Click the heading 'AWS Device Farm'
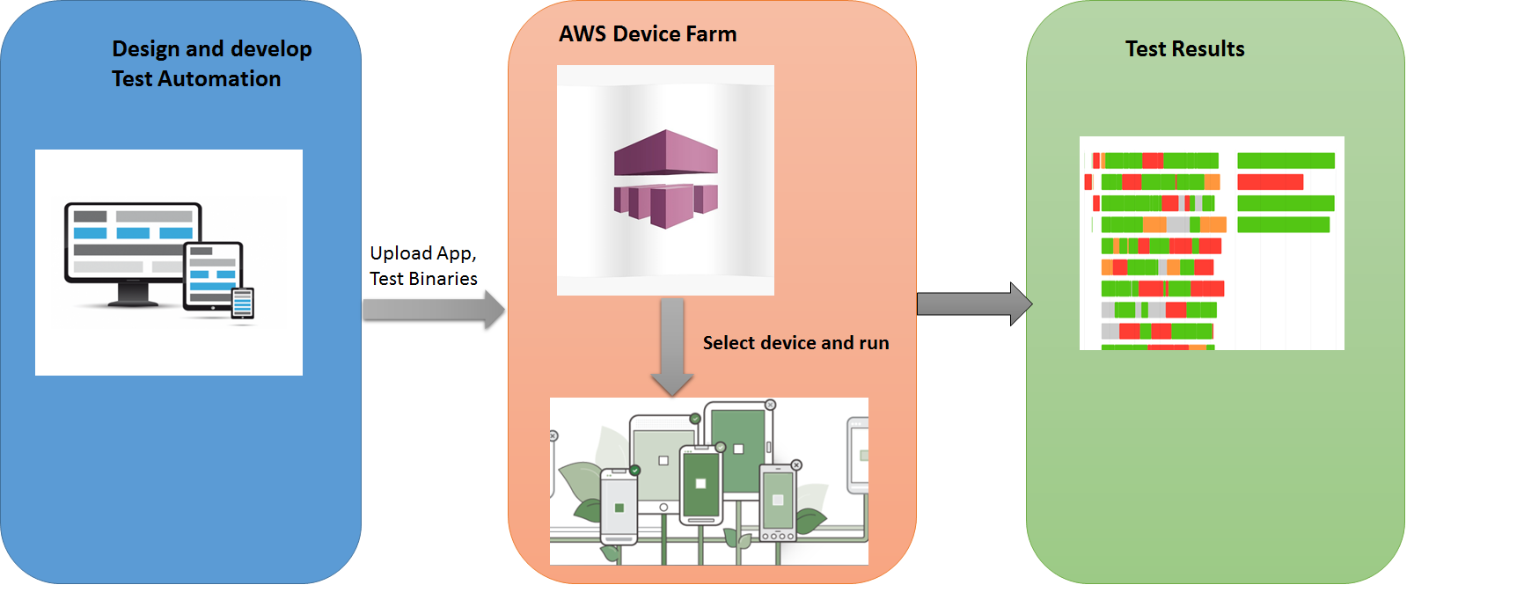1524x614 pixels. [648, 34]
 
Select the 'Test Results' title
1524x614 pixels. [1184, 49]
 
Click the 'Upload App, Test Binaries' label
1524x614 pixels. [423, 266]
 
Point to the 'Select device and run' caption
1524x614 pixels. [795, 343]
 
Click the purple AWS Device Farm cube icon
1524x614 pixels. [665, 179]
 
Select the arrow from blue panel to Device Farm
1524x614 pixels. [433, 310]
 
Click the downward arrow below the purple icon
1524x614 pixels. [672, 347]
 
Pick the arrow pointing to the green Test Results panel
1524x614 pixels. [973, 303]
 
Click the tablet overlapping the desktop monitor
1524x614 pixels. [212, 275]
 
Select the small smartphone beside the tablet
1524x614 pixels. [243, 303]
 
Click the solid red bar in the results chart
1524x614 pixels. [1270, 182]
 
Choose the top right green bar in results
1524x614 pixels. [1286, 161]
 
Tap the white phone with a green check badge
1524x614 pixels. [619, 507]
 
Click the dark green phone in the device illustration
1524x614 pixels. [701, 485]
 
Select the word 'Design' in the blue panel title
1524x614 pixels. [146, 49]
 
